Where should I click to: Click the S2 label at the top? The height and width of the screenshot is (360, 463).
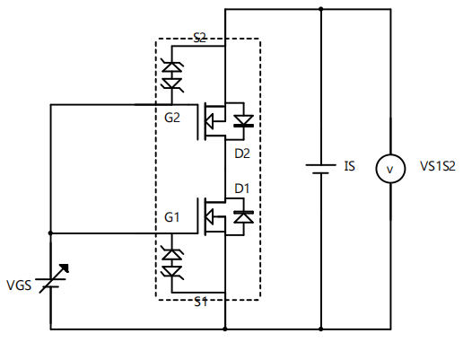pos(200,38)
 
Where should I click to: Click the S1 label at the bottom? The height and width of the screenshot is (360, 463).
pos(202,302)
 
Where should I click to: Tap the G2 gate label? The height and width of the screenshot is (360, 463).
pos(173,118)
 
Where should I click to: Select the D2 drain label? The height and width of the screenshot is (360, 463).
pos(241,154)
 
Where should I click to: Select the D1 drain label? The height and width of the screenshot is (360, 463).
pos(241,188)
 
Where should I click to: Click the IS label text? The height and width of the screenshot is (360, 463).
pos(349,167)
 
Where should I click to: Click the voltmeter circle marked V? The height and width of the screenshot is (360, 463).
pos(389,168)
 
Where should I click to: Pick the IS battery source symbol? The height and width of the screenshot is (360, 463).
pos(320,169)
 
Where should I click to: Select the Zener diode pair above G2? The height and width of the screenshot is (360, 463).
pos(170,75)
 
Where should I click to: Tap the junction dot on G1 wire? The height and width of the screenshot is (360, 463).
pos(50,233)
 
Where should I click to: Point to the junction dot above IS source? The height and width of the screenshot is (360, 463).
pos(320,9)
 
